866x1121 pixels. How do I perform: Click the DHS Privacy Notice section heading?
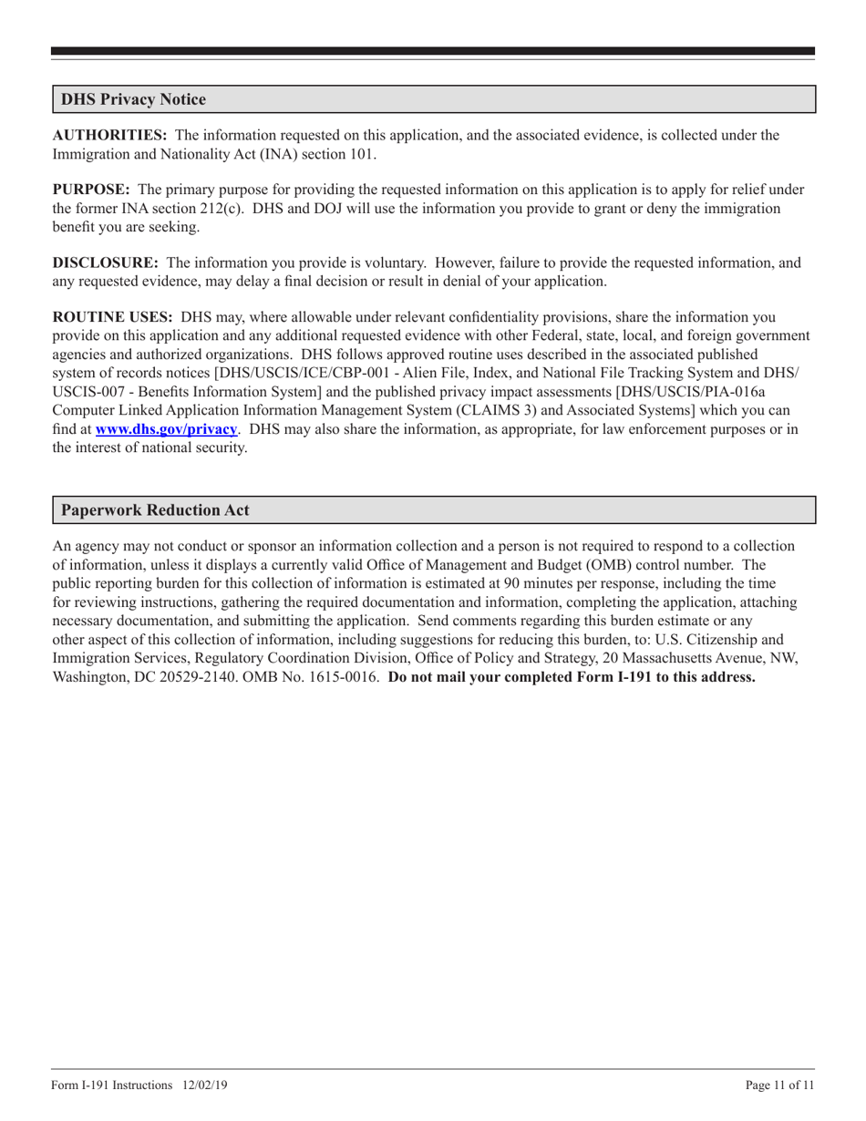[133, 100]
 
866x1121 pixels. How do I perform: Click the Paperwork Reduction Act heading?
[155, 510]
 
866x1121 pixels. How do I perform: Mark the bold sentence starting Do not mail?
[572, 677]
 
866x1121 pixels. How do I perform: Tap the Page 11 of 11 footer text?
[779, 1085]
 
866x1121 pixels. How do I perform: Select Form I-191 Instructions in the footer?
[112, 1085]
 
